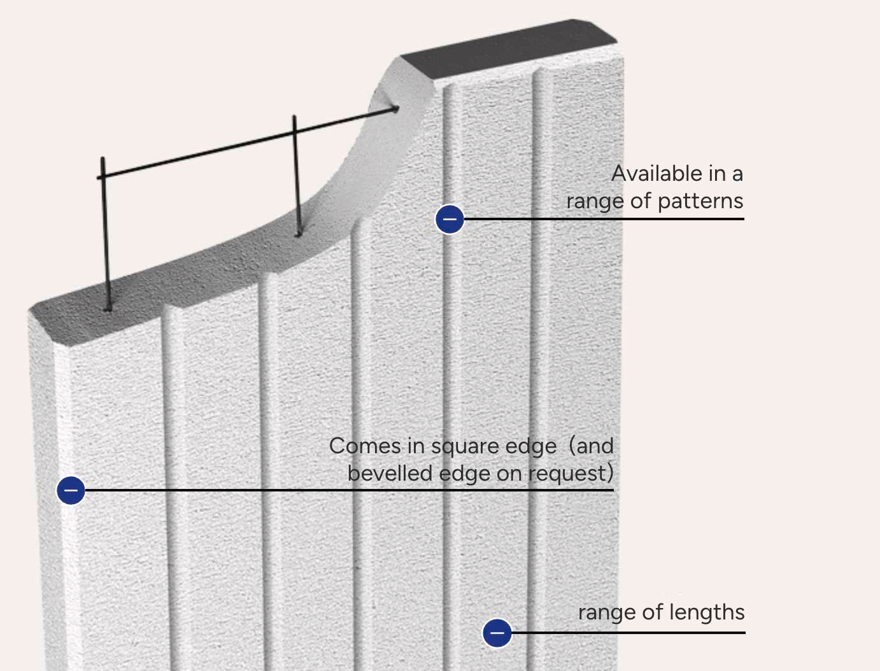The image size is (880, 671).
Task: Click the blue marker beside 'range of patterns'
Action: tap(450, 219)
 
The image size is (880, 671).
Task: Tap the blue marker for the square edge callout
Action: tap(71, 490)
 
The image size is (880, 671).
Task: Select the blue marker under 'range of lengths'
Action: tap(497, 633)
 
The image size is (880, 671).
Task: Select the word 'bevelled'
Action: tap(390, 474)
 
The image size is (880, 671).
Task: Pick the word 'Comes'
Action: tap(365, 446)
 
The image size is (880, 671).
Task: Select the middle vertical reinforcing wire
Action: tap(296, 176)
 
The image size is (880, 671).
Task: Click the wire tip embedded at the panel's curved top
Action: tap(396, 108)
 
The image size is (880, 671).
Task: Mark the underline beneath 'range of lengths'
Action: tap(628, 633)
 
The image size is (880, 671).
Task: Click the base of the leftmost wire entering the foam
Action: tap(108, 309)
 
